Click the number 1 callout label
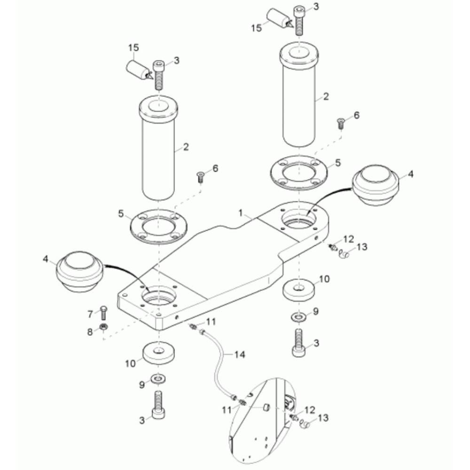click(241, 213)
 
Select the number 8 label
click(91, 332)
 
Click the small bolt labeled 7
click(103, 313)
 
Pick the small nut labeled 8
click(103, 327)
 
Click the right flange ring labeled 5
click(298, 172)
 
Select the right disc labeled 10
click(299, 290)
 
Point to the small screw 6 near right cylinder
click(340, 124)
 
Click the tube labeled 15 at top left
click(137, 70)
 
